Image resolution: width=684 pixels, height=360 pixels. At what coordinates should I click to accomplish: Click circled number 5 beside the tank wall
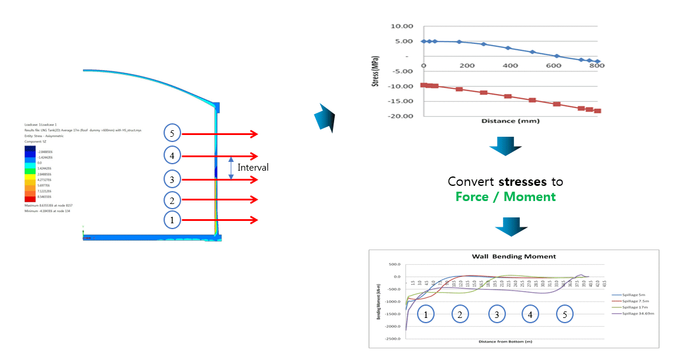(172, 134)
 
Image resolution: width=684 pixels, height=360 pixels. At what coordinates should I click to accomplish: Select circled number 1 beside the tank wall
(172, 220)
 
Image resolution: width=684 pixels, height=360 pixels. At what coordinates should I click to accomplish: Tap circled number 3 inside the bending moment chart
(497, 314)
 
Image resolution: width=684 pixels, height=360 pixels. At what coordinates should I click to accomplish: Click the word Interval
(253, 167)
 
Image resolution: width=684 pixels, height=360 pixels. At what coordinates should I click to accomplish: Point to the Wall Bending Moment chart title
(513, 256)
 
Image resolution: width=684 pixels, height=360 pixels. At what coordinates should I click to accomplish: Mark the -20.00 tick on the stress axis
(402, 116)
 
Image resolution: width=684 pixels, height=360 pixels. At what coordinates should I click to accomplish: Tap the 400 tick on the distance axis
(510, 65)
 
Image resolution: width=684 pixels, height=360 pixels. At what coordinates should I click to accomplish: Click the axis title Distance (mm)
(511, 121)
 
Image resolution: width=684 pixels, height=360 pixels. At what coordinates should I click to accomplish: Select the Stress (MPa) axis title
(376, 71)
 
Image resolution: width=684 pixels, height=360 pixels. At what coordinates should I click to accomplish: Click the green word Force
(472, 197)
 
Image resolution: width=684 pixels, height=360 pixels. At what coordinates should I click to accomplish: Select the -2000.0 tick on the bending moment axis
(391, 326)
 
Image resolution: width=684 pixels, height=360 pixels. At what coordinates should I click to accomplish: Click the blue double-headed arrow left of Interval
(231, 168)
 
